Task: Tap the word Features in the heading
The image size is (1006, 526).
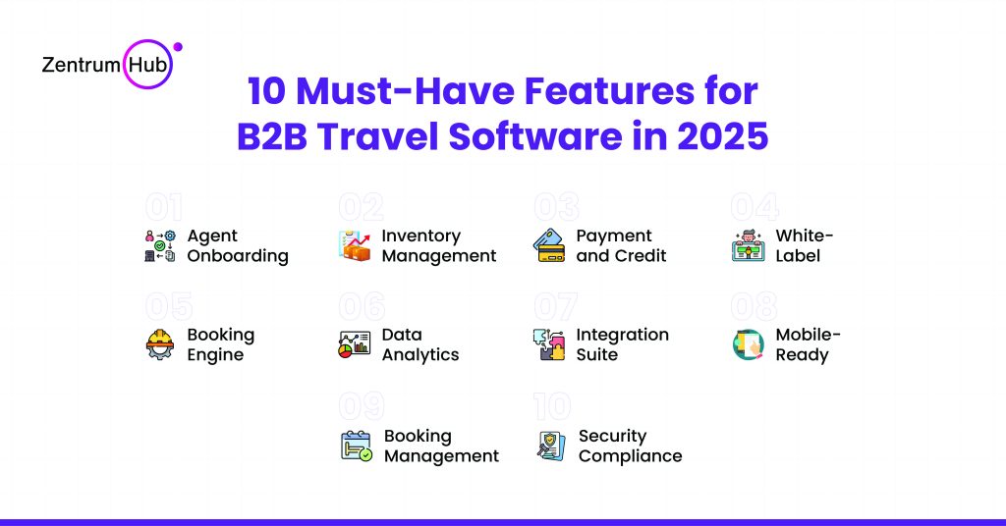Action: point(609,90)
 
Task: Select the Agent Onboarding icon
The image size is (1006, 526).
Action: point(160,246)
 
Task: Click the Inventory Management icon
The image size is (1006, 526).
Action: point(355,246)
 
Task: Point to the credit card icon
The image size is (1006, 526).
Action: point(549,246)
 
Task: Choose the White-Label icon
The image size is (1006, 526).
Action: point(748,246)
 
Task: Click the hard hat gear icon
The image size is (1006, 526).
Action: point(160,344)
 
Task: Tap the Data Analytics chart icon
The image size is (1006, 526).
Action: point(355,344)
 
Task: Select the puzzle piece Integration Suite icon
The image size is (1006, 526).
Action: point(549,344)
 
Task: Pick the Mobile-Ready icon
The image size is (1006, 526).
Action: point(748,344)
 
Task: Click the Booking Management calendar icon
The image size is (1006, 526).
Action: point(356,446)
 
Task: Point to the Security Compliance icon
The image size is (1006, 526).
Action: point(550,446)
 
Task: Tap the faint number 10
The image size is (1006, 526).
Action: point(552,406)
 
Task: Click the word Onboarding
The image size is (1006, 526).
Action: point(238,256)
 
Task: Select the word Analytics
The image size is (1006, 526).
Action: point(420,355)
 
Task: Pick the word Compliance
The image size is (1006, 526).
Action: point(630,456)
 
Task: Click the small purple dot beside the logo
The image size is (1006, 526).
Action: point(178,47)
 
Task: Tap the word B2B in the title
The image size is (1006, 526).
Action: point(272,136)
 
